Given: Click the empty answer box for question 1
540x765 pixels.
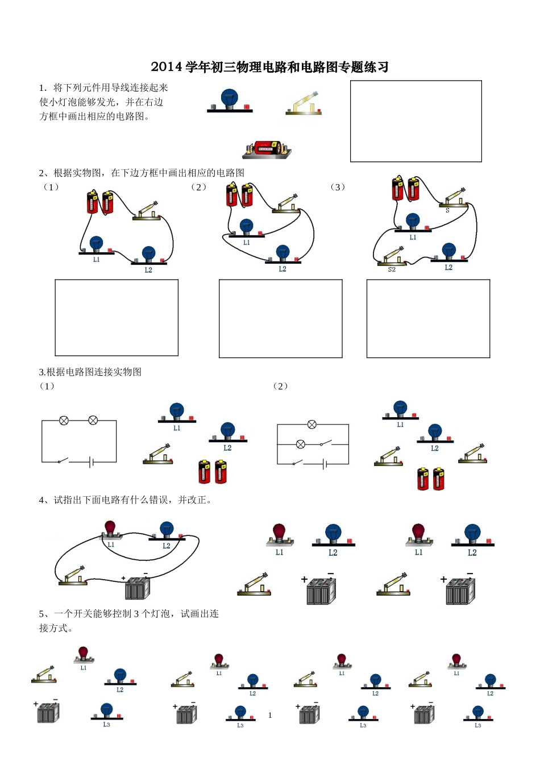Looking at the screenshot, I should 416,121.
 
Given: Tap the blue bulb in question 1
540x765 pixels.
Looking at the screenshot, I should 229,98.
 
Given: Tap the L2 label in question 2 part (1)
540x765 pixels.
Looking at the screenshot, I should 148,270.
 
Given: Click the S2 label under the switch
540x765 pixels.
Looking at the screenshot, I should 392,269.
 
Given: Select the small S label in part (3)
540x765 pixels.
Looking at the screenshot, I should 447,211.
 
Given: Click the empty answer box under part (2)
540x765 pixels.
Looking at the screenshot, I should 280,318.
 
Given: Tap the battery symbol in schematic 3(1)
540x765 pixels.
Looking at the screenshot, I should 91,462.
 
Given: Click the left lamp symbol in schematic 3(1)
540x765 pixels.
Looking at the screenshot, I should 64,421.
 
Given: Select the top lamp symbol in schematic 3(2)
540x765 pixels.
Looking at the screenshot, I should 311,425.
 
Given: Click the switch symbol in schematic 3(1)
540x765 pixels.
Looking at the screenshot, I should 64,460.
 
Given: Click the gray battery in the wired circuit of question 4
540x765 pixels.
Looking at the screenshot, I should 137,588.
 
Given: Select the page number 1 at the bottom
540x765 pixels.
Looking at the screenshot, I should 270,715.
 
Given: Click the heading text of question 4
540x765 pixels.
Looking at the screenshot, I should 125,500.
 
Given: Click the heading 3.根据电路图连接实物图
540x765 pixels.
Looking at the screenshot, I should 90,372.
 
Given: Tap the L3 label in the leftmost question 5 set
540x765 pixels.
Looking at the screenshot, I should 106,725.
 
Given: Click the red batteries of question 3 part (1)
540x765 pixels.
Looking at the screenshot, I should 213,471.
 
